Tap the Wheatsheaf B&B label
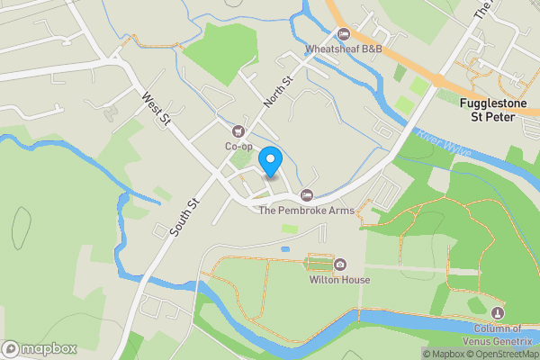coord(345,49)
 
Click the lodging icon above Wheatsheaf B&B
coord(343,34)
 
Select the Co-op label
coord(238,146)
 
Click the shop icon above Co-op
coord(238,131)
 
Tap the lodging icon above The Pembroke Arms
coord(307,195)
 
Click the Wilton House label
coord(340,280)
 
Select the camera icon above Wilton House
coord(341,265)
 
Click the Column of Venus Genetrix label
coord(499,335)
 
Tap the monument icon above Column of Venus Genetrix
coord(499,312)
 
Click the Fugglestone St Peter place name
coord(499,111)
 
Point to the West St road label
coord(154,108)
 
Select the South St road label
coord(184,217)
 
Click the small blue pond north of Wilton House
coord(285,247)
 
